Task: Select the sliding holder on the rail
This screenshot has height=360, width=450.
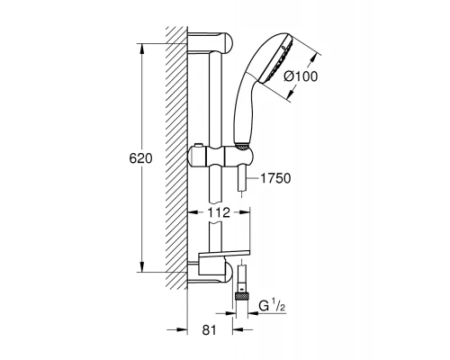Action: pyautogui.click(x=220, y=155)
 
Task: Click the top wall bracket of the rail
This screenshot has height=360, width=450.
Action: pyautogui.click(x=214, y=43)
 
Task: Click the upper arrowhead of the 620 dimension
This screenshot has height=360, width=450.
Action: pyautogui.click(x=141, y=45)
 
